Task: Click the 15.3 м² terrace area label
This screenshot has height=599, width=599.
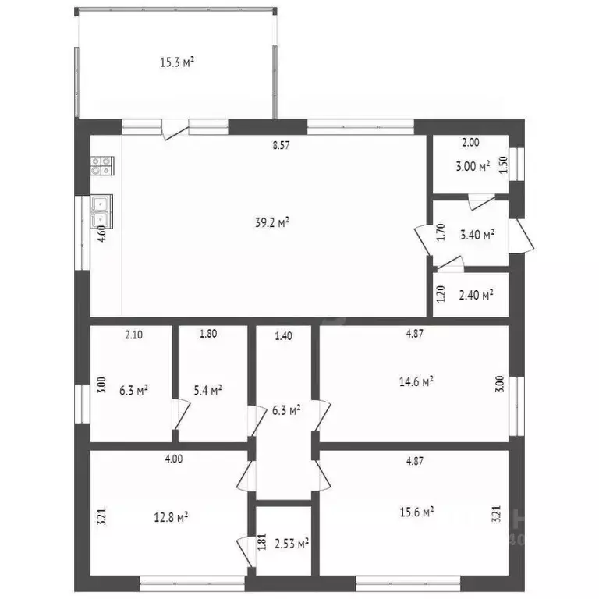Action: tap(177, 62)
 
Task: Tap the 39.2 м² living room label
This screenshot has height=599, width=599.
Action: tap(272, 222)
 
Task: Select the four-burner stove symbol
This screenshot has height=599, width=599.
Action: tap(102, 166)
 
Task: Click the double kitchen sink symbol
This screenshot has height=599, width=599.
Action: tap(101, 211)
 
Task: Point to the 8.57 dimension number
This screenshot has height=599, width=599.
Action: tap(281, 145)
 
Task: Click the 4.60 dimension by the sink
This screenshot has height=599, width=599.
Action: tap(101, 233)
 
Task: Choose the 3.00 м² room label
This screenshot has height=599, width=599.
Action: tap(473, 167)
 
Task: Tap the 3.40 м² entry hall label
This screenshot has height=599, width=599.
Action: tap(477, 235)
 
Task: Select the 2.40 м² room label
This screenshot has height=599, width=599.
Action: tap(476, 295)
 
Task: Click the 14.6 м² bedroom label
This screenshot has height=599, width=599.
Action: tap(416, 381)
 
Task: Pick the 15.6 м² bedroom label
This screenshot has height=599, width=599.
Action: tap(416, 512)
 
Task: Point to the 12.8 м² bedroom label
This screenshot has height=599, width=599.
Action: tap(171, 517)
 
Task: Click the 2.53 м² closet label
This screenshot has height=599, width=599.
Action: tap(292, 543)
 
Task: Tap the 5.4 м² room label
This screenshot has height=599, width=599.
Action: tap(208, 390)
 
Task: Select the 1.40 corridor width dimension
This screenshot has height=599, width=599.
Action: tap(283, 336)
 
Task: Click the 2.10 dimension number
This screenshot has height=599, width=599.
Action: tap(133, 335)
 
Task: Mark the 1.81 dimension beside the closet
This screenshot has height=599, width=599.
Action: tap(262, 542)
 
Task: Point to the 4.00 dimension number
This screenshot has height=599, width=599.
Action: tap(174, 459)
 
